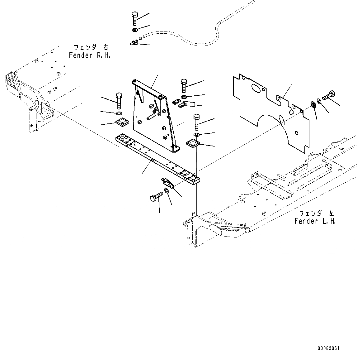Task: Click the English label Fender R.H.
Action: (90, 55)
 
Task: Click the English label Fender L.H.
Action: (315, 221)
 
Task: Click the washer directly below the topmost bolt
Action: (135, 30)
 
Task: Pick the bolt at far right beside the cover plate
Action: (329, 95)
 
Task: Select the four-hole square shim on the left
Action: (122, 122)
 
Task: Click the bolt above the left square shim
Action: (119, 99)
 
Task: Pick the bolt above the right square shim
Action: (196, 122)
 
